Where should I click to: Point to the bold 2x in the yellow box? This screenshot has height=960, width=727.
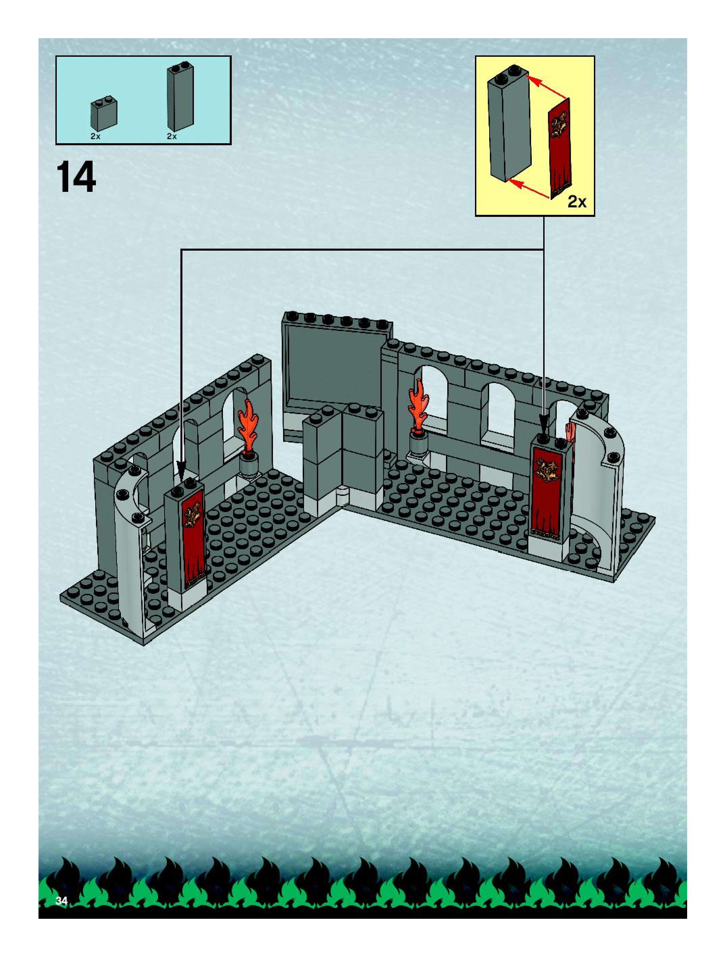pyautogui.click(x=577, y=202)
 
